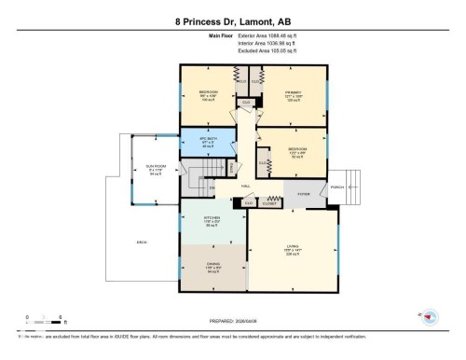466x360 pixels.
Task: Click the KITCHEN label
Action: [212, 222]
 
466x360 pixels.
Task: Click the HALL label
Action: [246, 186]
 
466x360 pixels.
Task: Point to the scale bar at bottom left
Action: [45, 318]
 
